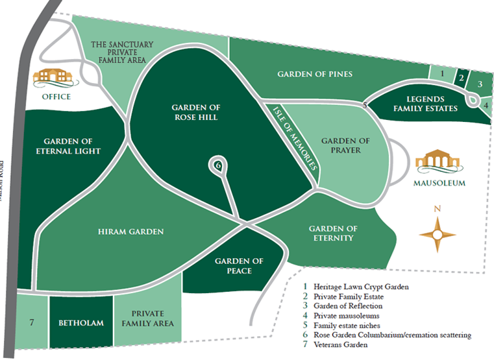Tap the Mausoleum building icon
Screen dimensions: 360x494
point(439,162)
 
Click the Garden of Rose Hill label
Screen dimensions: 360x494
point(195,112)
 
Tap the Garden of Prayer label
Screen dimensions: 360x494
point(345,145)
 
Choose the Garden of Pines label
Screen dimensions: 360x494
point(315,74)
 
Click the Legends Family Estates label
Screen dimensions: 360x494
point(425,104)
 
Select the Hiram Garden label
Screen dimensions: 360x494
point(130,232)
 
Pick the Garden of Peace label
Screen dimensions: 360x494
point(240,266)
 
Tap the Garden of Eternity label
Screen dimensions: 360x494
point(333,233)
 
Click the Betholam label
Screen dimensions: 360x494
point(81,323)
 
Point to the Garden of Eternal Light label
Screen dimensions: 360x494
point(72,146)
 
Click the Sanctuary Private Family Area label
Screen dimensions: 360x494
point(121,52)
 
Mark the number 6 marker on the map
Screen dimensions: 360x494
point(218,165)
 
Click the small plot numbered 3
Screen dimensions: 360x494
point(480,84)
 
